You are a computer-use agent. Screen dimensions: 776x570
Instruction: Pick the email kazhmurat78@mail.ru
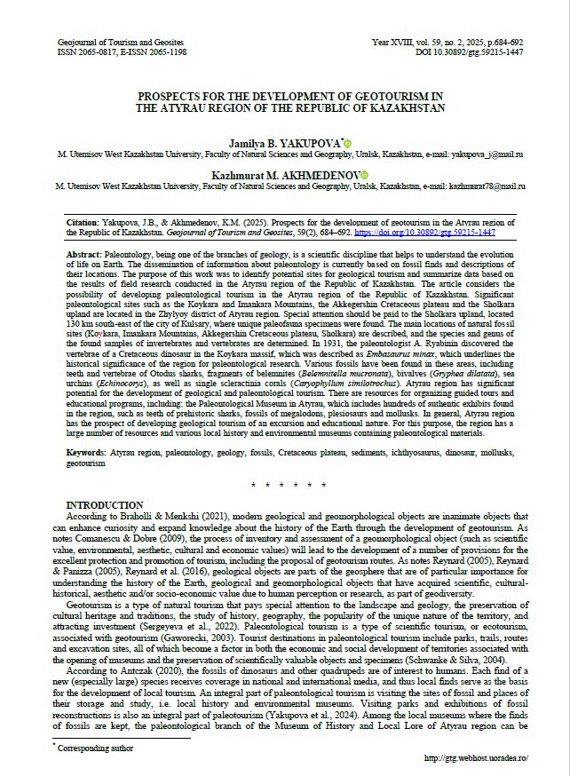click(487, 186)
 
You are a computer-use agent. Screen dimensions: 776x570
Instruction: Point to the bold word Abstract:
click(84, 253)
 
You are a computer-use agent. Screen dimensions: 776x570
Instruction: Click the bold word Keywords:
click(86, 453)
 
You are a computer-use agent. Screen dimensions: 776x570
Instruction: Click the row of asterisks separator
click(285, 485)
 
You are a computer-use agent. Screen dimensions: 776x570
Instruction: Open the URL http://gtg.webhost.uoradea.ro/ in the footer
click(478, 758)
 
